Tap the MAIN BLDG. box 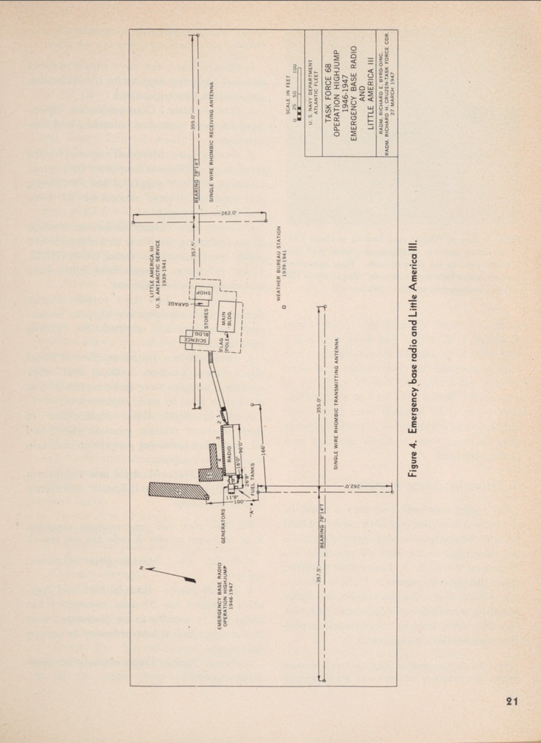(226, 319)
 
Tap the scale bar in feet (300, 77)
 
